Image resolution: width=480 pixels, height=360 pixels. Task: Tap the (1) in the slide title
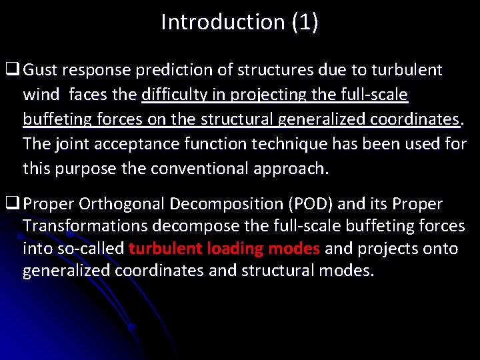coord(305,22)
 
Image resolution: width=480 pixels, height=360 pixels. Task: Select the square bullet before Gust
coord(12,70)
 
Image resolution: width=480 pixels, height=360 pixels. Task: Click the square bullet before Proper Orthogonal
coord(12,203)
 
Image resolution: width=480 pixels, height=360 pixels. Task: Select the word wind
coord(41,95)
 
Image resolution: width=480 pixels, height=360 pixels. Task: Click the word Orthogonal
coord(118,203)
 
